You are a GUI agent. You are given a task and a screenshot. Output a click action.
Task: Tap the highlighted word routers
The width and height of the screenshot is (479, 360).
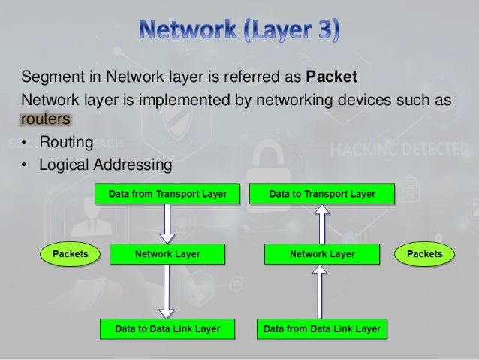46,120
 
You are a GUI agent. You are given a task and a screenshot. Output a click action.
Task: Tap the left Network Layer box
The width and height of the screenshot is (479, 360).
167,254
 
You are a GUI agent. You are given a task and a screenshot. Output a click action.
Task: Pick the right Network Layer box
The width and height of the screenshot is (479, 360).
322,254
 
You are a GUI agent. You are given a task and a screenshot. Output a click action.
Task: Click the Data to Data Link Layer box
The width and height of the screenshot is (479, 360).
167,328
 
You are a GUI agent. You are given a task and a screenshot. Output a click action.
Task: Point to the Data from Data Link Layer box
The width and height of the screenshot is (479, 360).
322,328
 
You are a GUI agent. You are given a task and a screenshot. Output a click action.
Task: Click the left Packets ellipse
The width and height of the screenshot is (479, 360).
70,254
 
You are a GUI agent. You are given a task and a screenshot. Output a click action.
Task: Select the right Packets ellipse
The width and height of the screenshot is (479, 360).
424,254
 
